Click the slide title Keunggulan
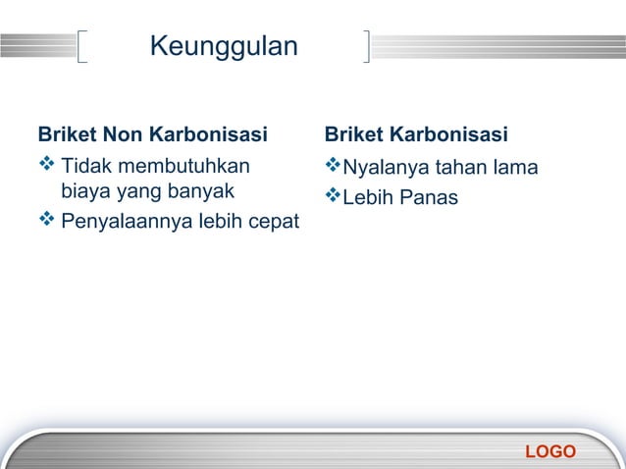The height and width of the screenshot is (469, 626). click(225, 46)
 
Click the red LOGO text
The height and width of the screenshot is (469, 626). click(550, 451)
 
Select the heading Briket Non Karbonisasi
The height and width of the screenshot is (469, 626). click(152, 133)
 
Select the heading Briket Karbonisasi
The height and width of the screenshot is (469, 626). click(416, 133)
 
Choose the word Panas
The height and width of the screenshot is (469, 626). click(429, 198)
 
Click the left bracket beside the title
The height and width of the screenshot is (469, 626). click(81, 46)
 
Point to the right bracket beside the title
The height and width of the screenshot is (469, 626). click(367, 46)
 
